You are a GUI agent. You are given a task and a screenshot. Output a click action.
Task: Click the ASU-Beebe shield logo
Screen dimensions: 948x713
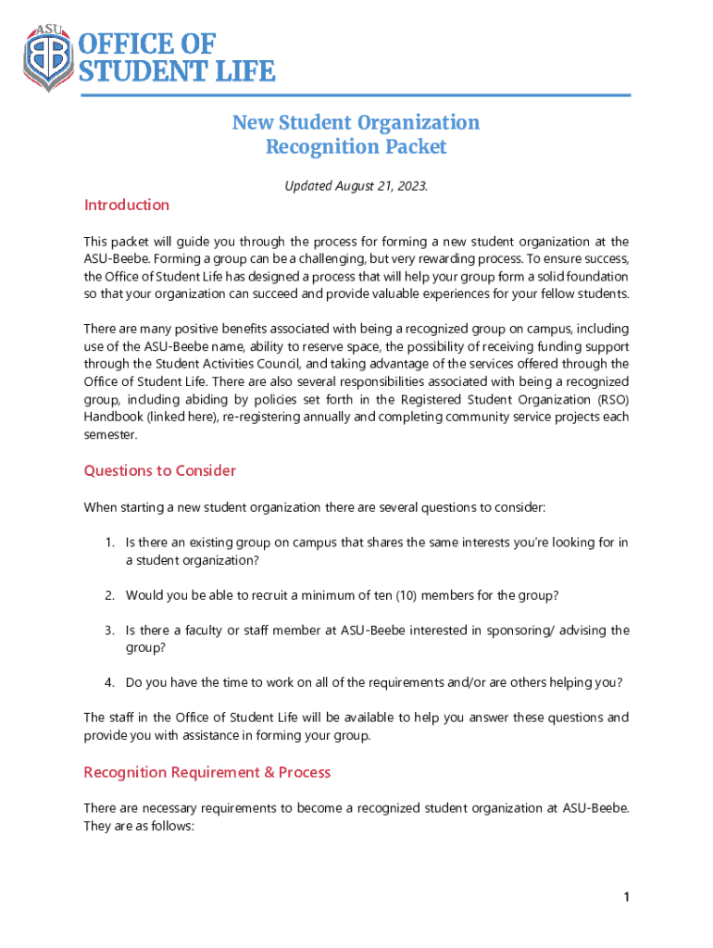click(x=48, y=57)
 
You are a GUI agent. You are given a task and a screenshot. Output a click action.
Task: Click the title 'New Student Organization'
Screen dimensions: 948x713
click(x=356, y=122)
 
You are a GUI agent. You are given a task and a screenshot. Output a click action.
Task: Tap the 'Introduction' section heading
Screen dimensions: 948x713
click(x=127, y=205)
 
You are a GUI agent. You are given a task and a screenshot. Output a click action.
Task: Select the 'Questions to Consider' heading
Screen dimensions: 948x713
click(x=160, y=470)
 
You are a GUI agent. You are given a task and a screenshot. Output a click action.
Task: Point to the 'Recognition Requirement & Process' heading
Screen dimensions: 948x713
click(x=206, y=772)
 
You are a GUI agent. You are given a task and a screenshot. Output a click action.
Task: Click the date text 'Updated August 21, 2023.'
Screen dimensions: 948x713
click(x=356, y=186)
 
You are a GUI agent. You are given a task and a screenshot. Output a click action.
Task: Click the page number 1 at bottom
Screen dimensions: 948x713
click(x=627, y=897)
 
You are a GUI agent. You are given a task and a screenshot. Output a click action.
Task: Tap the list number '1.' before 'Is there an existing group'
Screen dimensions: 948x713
click(x=109, y=543)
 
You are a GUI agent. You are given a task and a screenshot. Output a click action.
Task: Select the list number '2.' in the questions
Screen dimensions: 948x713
click(x=109, y=594)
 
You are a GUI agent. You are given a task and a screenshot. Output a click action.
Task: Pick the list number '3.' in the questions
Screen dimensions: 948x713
click(x=109, y=630)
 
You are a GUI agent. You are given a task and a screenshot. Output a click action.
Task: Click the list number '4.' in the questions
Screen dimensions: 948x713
click(x=109, y=682)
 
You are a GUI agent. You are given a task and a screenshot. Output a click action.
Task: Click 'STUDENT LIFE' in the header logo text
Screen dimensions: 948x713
click(x=176, y=71)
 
